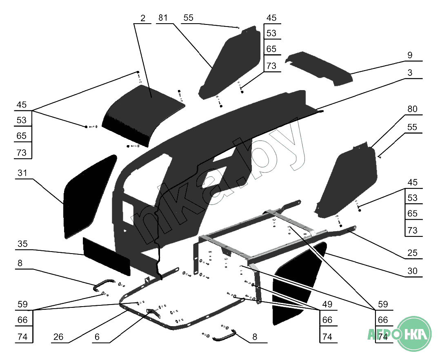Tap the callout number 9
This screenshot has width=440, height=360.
pyautogui.click(x=410, y=55)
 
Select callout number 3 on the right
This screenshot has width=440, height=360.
pyautogui.click(x=410, y=73)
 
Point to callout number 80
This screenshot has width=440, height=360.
pyautogui.click(x=412, y=109)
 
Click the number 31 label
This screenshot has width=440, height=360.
pyautogui.click(x=22, y=173)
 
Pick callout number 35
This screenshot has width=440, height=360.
pyautogui.click(x=22, y=244)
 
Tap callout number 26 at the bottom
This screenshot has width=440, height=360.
pyautogui.click(x=58, y=337)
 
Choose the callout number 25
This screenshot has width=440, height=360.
pyautogui.click(x=412, y=253)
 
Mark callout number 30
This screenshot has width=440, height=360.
pyautogui.click(x=412, y=271)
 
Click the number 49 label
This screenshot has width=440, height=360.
pyautogui.click(x=327, y=305)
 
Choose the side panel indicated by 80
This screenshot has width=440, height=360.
pyautogui.click(x=347, y=179)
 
